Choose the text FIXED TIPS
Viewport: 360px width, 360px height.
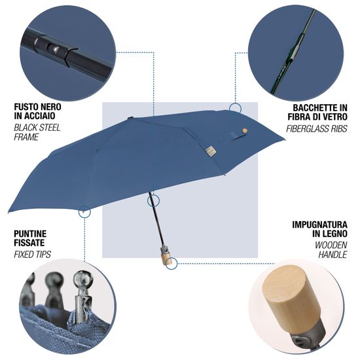point(32,253)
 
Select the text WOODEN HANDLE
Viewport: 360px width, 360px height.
point(327,251)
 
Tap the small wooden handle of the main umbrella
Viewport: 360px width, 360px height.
point(169,259)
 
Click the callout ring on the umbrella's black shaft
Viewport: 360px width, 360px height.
point(153,199)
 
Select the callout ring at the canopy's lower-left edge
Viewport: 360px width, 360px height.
point(84,211)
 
